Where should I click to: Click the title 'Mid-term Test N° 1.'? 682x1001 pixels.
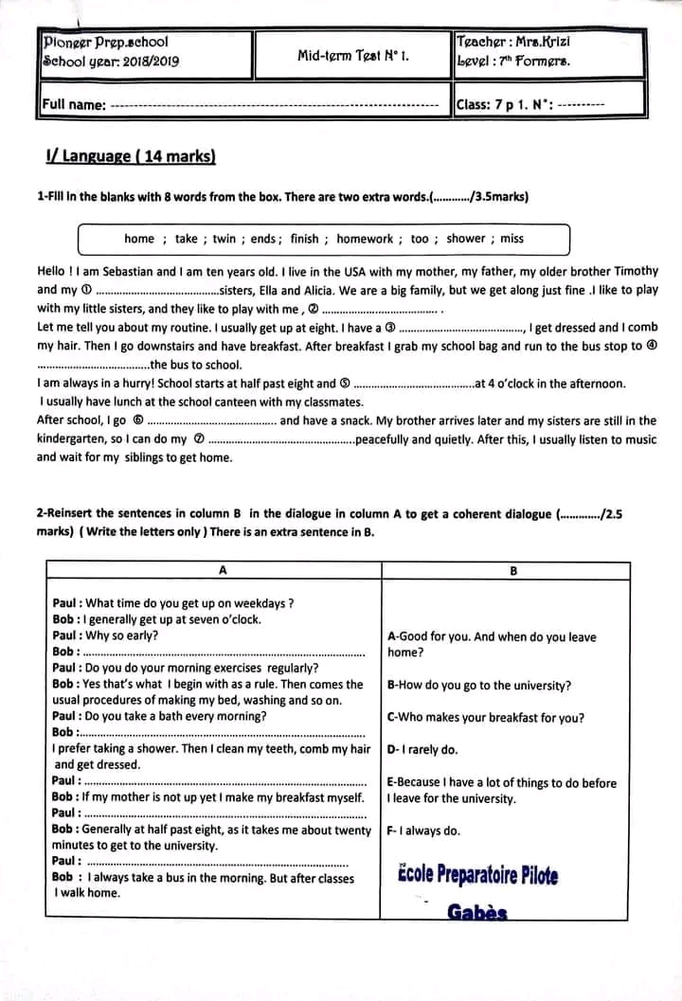(352, 56)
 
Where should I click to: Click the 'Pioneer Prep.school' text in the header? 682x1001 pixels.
(106, 43)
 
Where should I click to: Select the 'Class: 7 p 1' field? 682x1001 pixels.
(494, 105)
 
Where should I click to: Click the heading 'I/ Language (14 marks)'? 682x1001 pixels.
(131, 156)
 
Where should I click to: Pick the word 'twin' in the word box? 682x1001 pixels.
(224, 240)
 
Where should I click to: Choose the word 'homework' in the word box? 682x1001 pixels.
(365, 240)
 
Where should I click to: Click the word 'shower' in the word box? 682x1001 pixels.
(465, 240)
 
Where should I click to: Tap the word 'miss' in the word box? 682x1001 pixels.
(512, 240)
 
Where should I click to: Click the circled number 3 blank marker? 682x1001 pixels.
(389, 328)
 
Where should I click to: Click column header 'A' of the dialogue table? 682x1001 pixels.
(222, 571)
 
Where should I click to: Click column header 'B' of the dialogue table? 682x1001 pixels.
(513, 571)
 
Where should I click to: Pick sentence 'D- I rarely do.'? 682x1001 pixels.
(422, 750)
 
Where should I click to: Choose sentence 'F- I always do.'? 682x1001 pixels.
(423, 831)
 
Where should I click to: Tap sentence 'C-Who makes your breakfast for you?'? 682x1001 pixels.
(486, 718)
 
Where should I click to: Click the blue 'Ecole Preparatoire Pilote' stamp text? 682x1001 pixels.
(477, 874)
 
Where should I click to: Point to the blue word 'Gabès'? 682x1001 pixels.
(477, 913)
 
